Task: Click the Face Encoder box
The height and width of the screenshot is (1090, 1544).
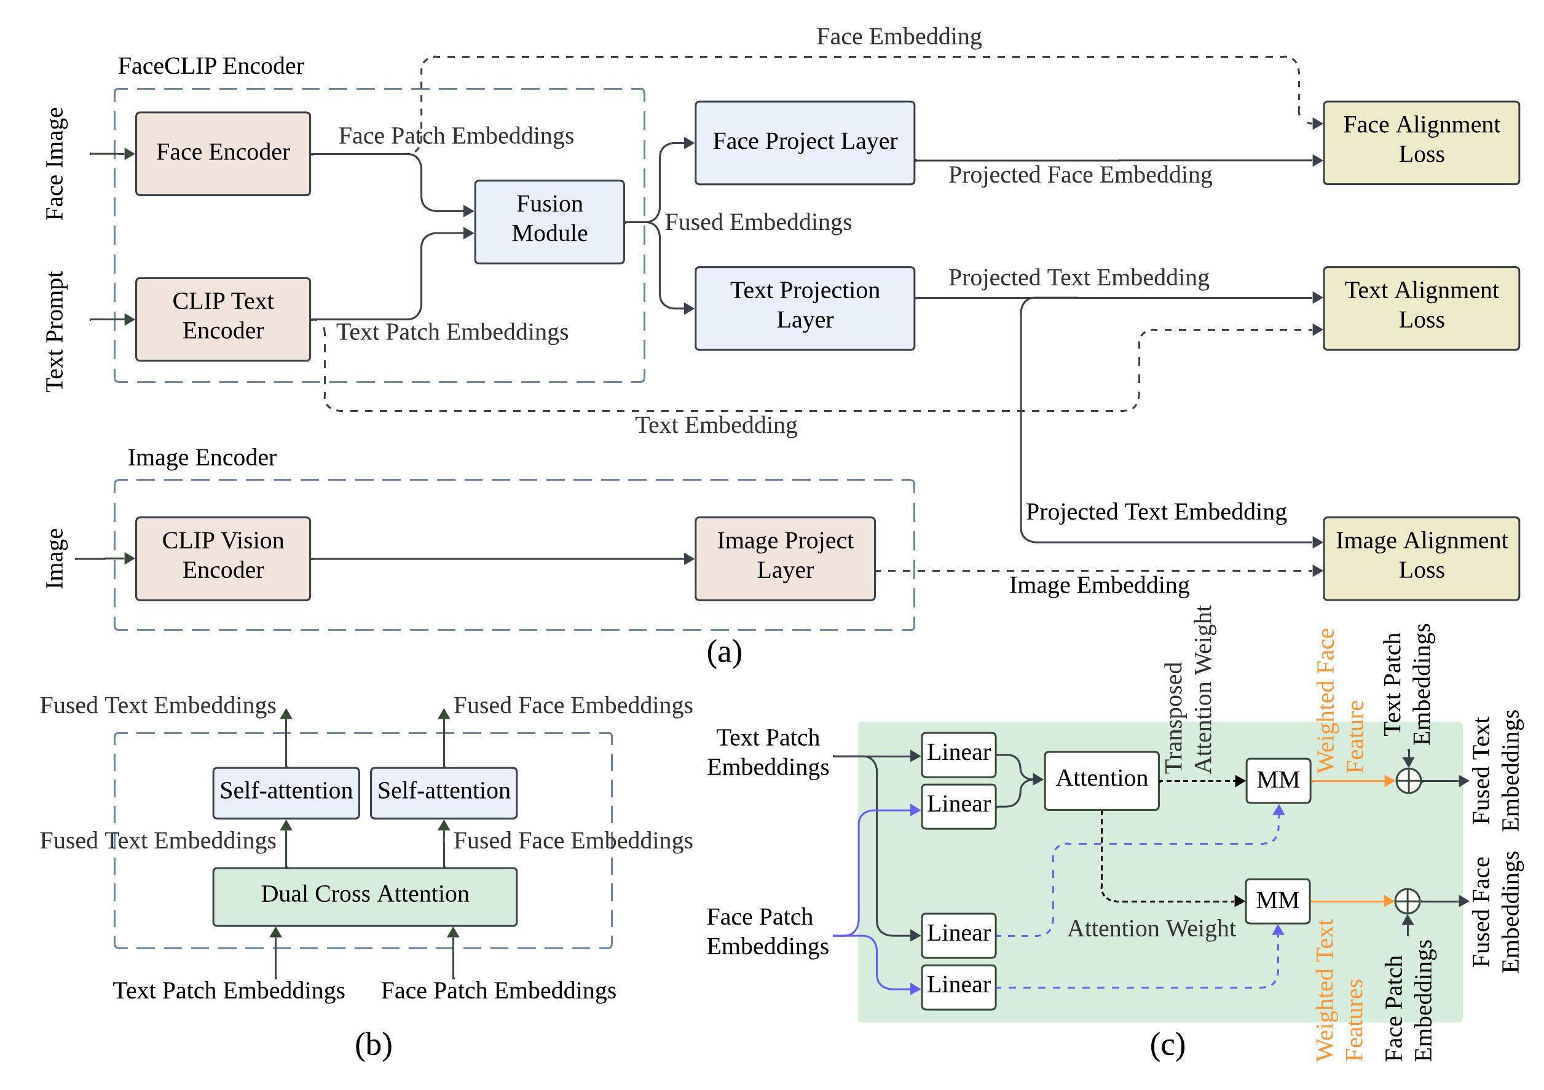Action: pyautogui.click(x=223, y=154)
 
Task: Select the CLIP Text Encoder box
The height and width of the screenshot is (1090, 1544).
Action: pyautogui.click(x=223, y=320)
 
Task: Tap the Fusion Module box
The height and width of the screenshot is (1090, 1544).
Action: pyautogui.click(x=549, y=222)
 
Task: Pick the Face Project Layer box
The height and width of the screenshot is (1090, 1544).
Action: pyautogui.click(x=805, y=143)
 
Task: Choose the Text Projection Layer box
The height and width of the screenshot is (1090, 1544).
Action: pyautogui.click(x=805, y=308)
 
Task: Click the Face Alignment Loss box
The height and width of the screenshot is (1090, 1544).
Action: pyautogui.click(x=1421, y=143)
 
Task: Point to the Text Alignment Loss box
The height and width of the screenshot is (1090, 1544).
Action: pyautogui.click(x=1421, y=308)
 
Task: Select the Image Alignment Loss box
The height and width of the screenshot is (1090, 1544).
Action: pyautogui.click(x=1421, y=558)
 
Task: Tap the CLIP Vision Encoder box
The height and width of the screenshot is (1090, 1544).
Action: pyautogui.click(x=223, y=558)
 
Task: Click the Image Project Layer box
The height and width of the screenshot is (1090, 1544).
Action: pyautogui.click(x=785, y=558)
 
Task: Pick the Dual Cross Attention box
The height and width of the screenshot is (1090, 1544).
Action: pyautogui.click(x=364, y=896)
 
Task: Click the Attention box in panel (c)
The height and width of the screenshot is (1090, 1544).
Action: pyautogui.click(x=1101, y=780)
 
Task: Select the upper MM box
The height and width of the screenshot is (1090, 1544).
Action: pyautogui.click(x=1278, y=781)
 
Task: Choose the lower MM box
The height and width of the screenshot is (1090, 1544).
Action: pyautogui.click(x=1278, y=901)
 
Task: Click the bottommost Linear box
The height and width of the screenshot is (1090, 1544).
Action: pyautogui.click(x=958, y=987)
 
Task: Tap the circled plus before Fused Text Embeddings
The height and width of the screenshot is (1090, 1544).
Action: pyautogui.click(x=1408, y=781)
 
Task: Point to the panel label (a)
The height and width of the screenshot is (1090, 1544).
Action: pyautogui.click(x=724, y=653)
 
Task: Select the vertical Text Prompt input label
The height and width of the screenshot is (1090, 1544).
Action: pyautogui.click(x=55, y=331)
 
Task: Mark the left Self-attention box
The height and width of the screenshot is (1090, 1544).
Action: pyautogui.click(x=286, y=793)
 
